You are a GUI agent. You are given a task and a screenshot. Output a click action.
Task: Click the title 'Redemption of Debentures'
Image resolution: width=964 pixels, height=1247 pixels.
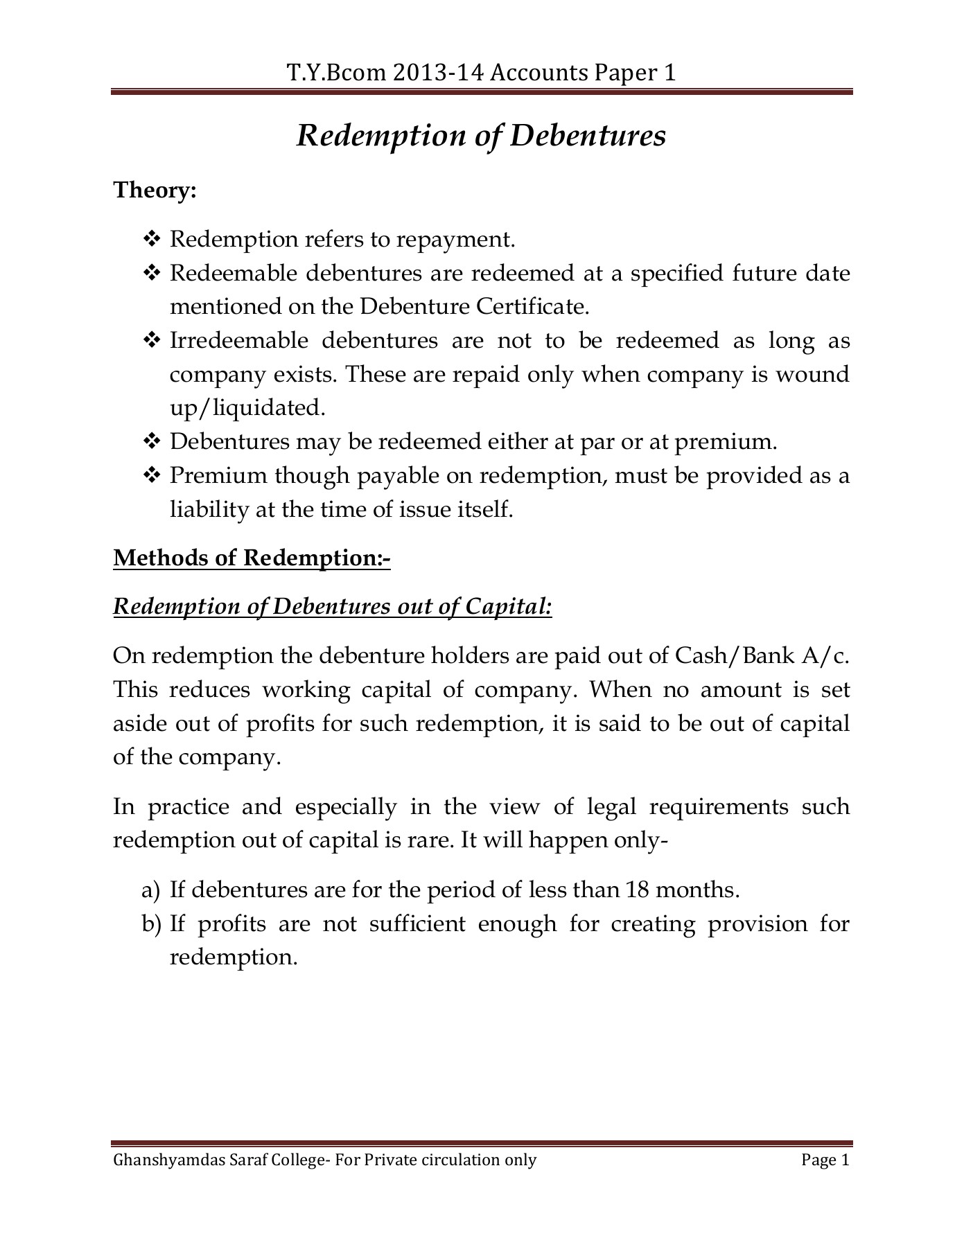point(481,136)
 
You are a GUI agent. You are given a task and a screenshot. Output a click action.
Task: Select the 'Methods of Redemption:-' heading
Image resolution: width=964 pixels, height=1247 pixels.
point(252,558)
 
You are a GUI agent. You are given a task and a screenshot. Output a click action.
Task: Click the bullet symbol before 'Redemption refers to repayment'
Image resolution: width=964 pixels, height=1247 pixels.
point(150,240)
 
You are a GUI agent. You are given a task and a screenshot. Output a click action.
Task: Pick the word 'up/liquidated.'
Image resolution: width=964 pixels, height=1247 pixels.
point(247,408)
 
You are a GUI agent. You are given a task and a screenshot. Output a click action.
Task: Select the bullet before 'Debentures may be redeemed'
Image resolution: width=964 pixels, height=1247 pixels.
point(150,442)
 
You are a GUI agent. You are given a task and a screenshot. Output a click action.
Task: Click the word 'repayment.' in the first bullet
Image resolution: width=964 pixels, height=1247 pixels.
point(456,240)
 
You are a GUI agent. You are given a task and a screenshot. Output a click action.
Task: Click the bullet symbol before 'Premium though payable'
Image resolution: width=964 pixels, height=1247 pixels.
point(150,476)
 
